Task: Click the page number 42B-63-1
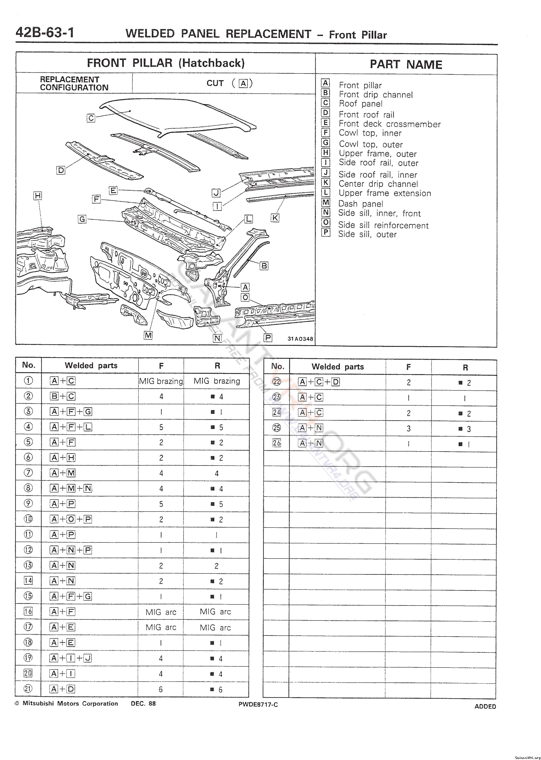click(x=45, y=33)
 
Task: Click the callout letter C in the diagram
click(x=91, y=118)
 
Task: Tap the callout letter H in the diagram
click(x=38, y=196)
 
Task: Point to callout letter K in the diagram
click(x=275, y=218)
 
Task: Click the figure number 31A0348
click(x=300, y=339)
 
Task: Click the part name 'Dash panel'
click(x=361, y=204)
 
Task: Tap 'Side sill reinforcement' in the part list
click(x=383, y=225)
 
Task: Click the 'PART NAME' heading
click(x=406, y=65)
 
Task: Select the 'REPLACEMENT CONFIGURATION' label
click(x=74, y=84)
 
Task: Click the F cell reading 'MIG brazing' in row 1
click(x=161, y=381)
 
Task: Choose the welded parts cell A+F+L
click(x=71, y=427)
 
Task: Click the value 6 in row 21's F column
click(x=161, y=689)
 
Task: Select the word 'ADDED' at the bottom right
click(x=485, y=706)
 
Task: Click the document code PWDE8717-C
click(x=258, y=705)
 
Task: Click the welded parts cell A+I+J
click(x=71, y=658)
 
